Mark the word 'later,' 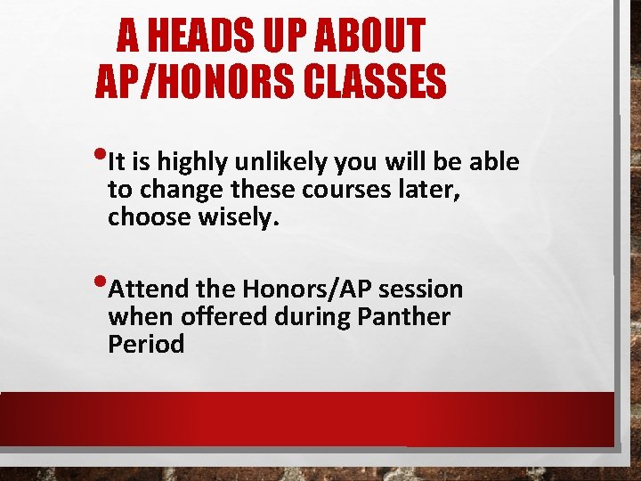tap(427, 190)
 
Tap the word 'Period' tap(145, 345)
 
